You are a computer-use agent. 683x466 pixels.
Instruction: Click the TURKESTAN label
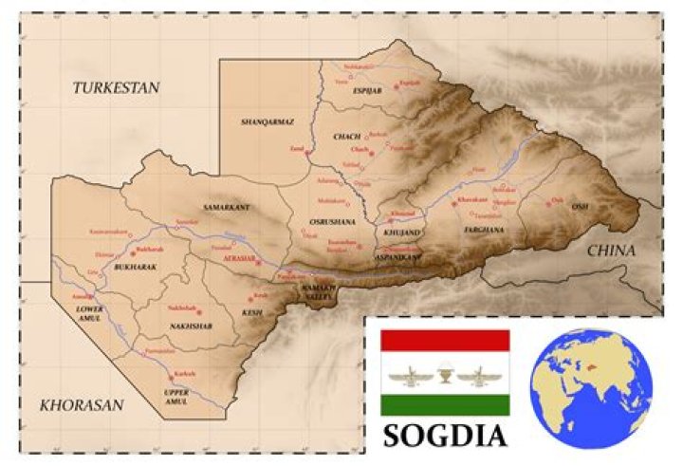click(x=116, y=87)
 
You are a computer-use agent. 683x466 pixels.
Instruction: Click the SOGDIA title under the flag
click(x=444, y=436)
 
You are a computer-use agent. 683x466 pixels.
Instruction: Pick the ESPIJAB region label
click(x=366, y=90)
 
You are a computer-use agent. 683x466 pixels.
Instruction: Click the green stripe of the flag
click(x=444, y=405)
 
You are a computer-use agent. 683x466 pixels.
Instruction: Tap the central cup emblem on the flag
click(x=445, y=373)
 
